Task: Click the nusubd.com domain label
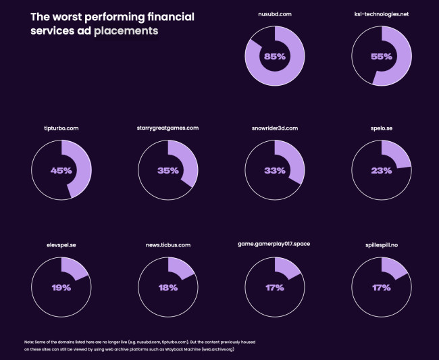[275, 14]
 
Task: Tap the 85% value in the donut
[275, 57]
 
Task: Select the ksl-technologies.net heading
[382, 14]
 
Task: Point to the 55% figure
[382, 57]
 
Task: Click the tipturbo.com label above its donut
[61, 128]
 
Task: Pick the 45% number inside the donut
[61, 171]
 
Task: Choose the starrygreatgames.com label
[168, 128]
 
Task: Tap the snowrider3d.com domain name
[274, 128]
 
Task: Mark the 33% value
[274, 171]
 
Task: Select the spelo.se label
[382, 128]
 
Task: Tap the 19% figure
[61, 288]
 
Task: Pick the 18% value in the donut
[168, 288]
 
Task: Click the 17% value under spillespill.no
[382, 288]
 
